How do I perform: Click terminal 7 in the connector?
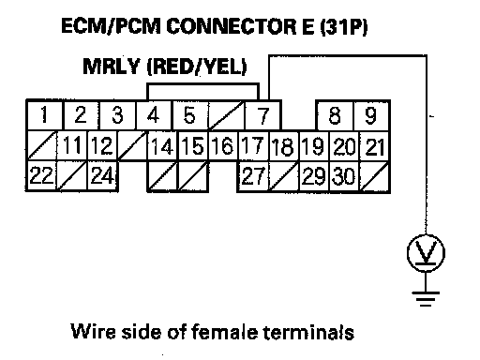[263, 115]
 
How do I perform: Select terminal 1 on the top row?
[45, 114]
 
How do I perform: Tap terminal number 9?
[371, 115]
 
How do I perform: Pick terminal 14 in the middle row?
[162, 146]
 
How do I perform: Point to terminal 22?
[41, 175]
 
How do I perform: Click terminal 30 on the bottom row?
[344, 176]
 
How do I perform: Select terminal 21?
[375, 146]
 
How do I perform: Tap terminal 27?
[253, 176]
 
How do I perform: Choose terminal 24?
[102, 175]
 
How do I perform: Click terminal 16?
[223, 146]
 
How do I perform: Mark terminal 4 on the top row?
[154, 114]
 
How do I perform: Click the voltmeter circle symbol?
[426, 253]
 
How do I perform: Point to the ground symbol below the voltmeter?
[426, 299]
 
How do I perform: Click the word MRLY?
[112, 67]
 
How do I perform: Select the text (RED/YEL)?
[197, 67]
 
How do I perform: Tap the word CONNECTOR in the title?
[232, 26]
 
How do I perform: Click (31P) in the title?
[344, 26]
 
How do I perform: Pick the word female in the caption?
[224, 331]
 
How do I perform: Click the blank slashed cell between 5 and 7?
[227, 115]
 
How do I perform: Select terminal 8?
[335, 115]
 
